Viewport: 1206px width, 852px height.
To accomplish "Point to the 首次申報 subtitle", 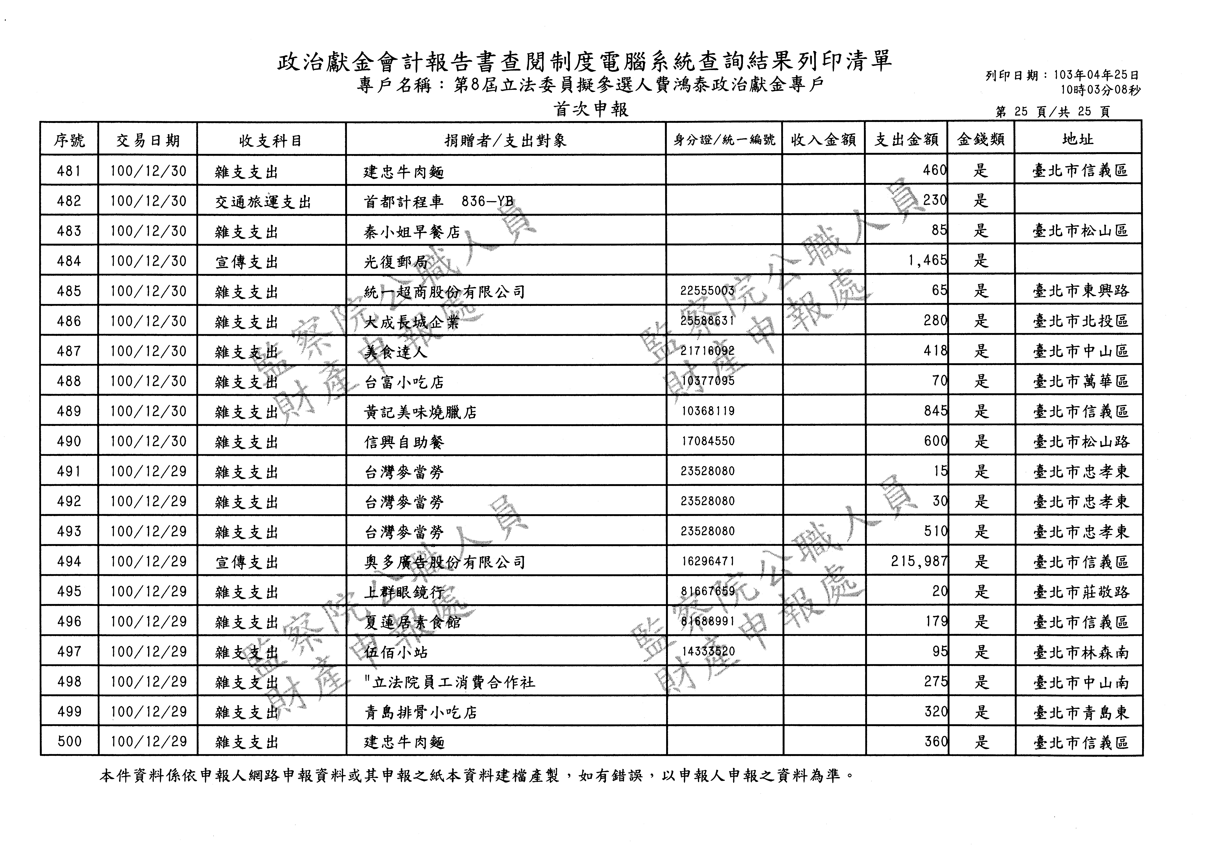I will click(591, 109).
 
